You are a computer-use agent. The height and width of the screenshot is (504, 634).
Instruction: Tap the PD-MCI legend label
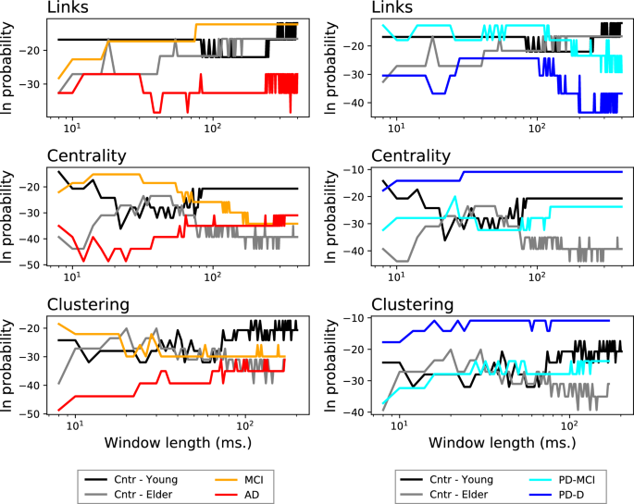coord(570,479)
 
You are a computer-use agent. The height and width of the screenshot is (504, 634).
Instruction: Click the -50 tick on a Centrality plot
coord(33,264)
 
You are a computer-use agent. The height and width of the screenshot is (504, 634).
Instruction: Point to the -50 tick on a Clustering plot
coord(33,413)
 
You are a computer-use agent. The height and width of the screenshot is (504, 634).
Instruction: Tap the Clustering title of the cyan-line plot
coord(412,304)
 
